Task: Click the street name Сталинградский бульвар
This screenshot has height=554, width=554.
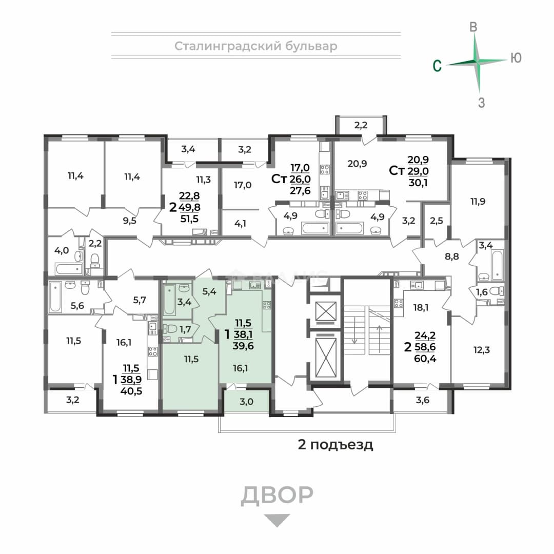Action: (x=256, y=46)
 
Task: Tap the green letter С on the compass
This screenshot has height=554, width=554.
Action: (x=437, y=66)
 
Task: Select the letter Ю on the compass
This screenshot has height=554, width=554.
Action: (x=516, y=57)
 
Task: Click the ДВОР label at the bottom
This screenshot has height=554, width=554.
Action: (x=277, y=495)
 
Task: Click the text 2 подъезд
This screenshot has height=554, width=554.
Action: (x=335, y=444)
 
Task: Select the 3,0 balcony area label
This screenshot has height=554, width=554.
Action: (x=246, y=401)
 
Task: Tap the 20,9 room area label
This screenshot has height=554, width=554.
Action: (x=357, y=164)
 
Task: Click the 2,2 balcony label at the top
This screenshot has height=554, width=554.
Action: (x=361, y=125)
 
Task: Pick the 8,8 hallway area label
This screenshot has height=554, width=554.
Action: (x=452, y=256)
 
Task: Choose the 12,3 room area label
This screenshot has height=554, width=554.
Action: (x=482, y=350)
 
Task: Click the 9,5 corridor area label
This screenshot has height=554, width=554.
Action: (x=130, y=221)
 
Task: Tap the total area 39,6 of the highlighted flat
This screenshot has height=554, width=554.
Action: (x=243, y=346)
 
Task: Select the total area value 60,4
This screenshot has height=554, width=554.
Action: (x=425, y=359)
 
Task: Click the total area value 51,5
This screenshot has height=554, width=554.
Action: (x=189, y=219)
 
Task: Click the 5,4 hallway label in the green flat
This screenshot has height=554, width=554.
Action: (x=209, y=291)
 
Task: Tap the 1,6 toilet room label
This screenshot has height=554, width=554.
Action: (x=482, y=292)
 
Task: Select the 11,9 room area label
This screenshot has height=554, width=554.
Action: (x=478, y=202)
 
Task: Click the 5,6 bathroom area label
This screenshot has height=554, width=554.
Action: (x=77, y=306)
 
